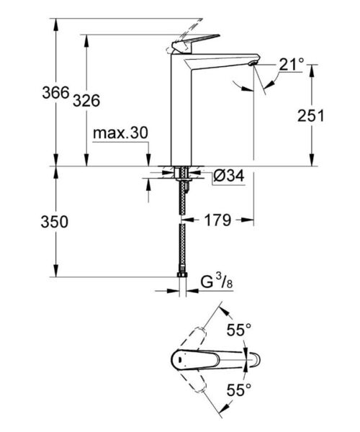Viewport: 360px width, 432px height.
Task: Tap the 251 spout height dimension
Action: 310,116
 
